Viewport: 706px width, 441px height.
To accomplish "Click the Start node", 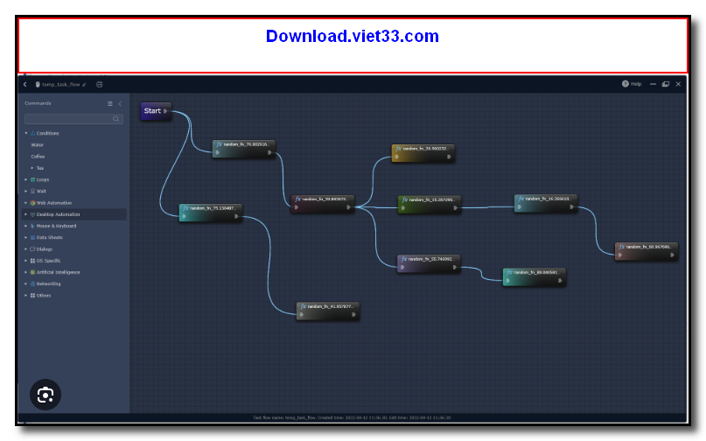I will (156, 111).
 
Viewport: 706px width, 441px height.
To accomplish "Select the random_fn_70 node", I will (244, 149).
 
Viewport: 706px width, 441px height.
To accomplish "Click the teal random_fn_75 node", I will (211, 213).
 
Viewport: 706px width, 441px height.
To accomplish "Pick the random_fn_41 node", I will (327, 311).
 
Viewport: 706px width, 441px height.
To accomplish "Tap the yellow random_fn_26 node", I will (423, 152).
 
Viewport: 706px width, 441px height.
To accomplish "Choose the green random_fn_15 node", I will (429, 204).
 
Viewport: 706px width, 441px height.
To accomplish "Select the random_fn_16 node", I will (546, 203).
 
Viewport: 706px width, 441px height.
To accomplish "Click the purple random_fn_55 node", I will (429, 263).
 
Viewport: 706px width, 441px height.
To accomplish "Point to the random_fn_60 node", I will (647, 251).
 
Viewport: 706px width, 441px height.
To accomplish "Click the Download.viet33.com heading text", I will (353, 37).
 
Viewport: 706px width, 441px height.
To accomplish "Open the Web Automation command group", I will (54, 202).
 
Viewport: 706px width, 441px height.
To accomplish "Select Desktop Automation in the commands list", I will (58, 213).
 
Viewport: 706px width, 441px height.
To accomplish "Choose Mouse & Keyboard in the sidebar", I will (56, 226).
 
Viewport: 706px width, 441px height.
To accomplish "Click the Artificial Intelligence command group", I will (59, 272).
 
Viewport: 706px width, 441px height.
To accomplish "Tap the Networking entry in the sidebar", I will (49, 283).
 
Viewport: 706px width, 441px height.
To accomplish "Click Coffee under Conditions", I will (38, 157).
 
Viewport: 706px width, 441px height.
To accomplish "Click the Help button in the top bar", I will (632, 84).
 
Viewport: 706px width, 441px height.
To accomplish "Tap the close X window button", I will (678, 84).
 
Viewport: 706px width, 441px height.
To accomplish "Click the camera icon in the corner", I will (45, 395).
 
